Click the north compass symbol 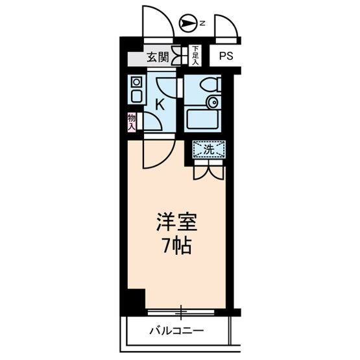(x=188, y=24)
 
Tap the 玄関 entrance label (x=156, y=57)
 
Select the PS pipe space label (x=225, y=56)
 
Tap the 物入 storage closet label (x=131, y=121)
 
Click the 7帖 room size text (x=176, y=246)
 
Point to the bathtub (x=204, y=120)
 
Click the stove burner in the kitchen (x=136, y=82)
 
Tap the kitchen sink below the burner (x=136, y=96)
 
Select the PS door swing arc (x=226, y=26)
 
